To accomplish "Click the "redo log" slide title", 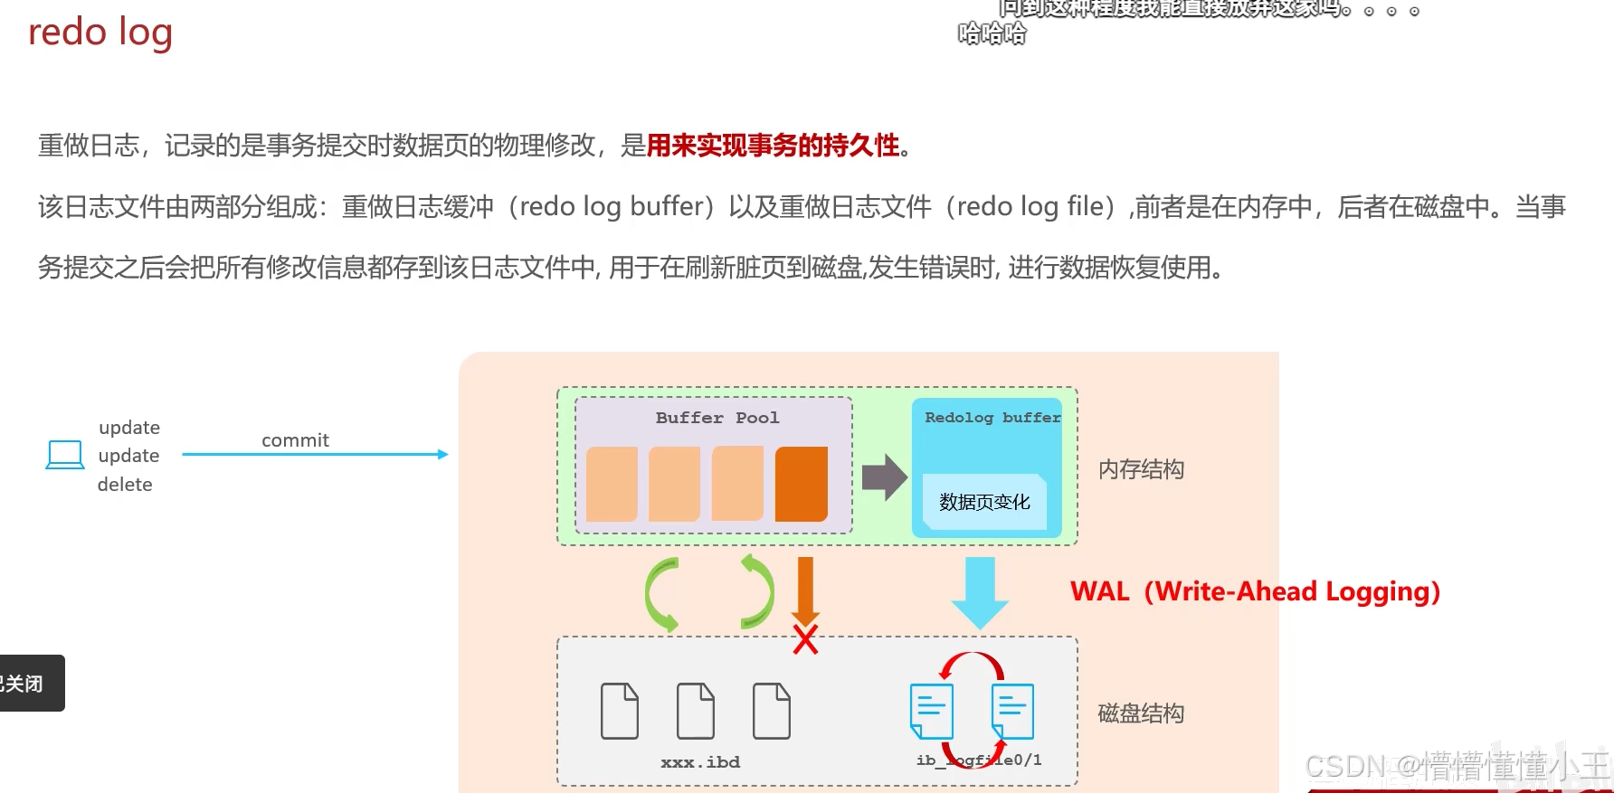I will [x=100, y=33].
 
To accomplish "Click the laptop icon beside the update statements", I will [x=65, y=454].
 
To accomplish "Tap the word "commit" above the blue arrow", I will [x=295, y=440].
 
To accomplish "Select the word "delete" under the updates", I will [x=125, y=485].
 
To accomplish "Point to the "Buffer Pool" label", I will [x=717, y=418].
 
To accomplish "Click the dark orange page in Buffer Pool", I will [x=801, y=484].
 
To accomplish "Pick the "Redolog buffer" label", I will [x=992, y=418].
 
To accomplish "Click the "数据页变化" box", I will [x=984, y=502].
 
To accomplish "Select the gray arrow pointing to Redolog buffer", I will [x=884, y=477].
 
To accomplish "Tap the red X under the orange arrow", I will [x=805, y=639].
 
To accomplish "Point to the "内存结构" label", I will [x=1141, y=469].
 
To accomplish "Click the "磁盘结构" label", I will [x=1141, y=713].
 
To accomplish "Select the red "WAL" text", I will [x=1100, y=591].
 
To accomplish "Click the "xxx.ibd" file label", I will [x=700, y=762].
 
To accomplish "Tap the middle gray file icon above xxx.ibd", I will [x=696, y=711].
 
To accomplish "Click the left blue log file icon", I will [x=931, y=711].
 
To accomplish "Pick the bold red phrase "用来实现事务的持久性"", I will [x=773, y=146].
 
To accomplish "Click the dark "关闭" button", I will [x=27, y=684].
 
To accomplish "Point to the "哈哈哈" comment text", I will [x=992, y=34].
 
